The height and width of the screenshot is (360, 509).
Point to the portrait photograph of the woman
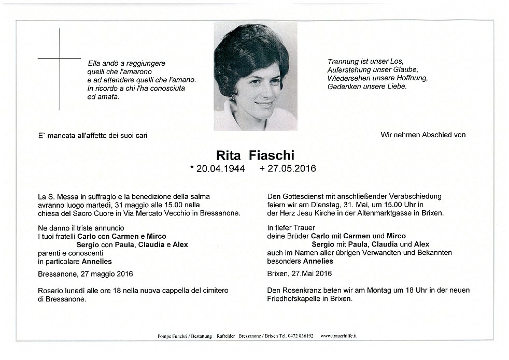tap(255, 77)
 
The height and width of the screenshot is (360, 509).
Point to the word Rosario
tap(51, 291)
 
